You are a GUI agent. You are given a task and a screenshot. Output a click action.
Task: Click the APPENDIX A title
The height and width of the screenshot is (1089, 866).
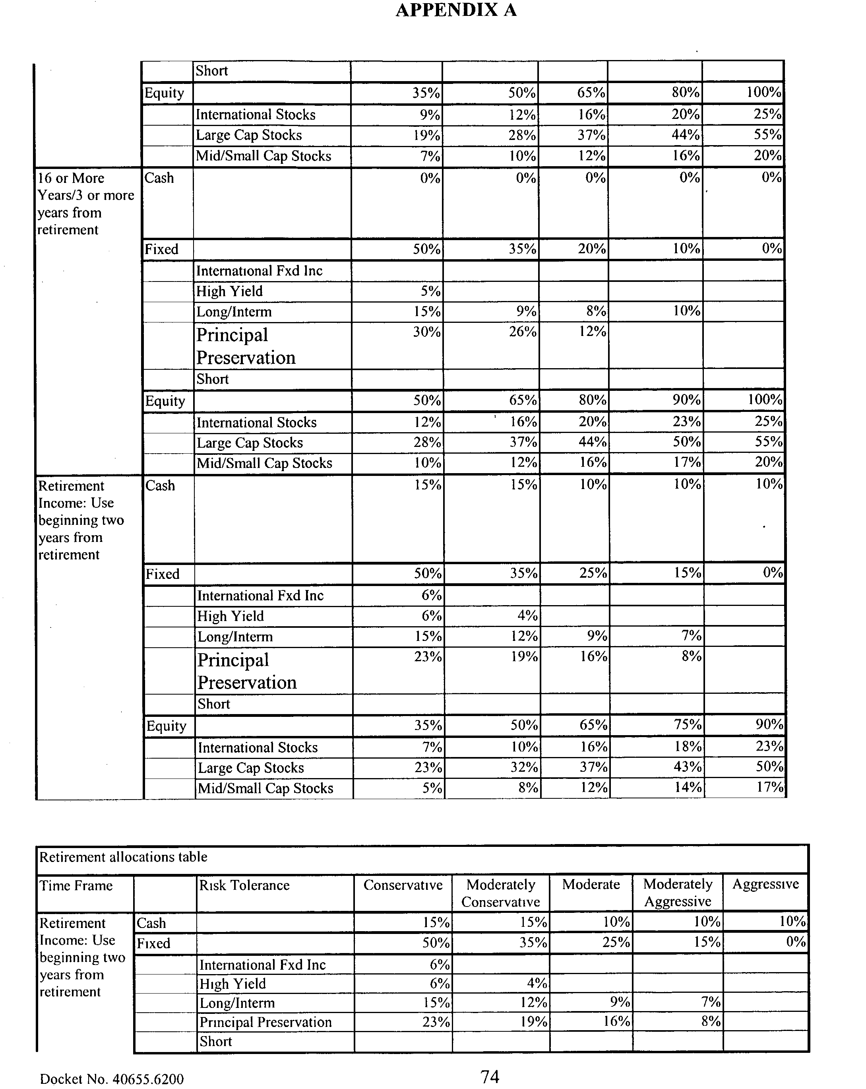455,10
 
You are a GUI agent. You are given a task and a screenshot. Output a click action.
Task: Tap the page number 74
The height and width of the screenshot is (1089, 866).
489,1076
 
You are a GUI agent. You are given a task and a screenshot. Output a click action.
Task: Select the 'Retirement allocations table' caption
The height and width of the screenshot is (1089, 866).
123,857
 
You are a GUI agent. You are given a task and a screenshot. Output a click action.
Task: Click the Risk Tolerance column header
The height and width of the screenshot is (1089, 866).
244,885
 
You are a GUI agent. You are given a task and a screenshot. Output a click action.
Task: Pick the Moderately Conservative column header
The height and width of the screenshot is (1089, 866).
500,893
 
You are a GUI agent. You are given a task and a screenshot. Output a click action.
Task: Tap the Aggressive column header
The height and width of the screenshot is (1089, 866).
765,884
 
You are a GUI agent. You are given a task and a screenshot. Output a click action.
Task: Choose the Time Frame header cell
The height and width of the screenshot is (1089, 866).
76,885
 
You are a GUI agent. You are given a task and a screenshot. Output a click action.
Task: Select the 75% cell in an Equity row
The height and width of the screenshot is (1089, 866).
687,725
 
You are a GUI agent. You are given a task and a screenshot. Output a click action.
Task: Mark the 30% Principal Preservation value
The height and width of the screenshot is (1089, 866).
427,332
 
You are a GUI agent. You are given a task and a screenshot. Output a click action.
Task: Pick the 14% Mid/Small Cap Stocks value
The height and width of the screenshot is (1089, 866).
688,788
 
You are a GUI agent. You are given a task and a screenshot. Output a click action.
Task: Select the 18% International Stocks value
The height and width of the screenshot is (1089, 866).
688,747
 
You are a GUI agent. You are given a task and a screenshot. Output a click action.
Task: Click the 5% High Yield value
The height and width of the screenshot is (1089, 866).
430,291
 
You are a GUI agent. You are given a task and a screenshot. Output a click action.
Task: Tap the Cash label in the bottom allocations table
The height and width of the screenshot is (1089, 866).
151,923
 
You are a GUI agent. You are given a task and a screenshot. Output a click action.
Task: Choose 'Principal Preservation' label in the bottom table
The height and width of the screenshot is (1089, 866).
265,1022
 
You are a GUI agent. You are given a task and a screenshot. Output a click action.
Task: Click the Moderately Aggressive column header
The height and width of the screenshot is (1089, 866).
677,893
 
